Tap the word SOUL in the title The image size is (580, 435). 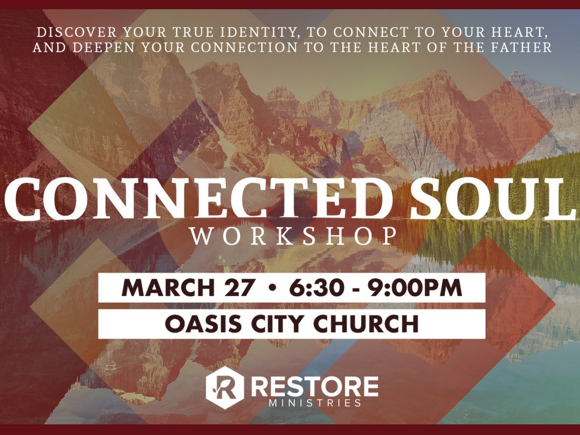(492, 198)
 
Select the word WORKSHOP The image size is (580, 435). (293, 236)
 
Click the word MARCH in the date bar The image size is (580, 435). (168, 288)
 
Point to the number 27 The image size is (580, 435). (239, 288)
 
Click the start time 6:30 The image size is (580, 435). (317, 288)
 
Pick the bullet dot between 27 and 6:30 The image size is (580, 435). (273, 288)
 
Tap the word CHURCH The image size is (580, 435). (366, 323)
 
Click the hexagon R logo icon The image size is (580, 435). (225, 387)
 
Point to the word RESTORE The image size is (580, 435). (315, 386)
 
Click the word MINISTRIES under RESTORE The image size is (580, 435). (315, 403)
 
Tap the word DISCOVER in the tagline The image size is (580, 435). (77, 32)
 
